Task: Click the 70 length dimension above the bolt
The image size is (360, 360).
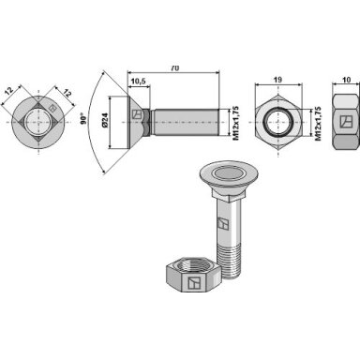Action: click(175, 68)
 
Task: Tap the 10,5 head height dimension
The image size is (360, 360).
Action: click(138, 82)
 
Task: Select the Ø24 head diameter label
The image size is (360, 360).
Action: click(105, 120)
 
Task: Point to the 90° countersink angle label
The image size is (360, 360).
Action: click(83, 119)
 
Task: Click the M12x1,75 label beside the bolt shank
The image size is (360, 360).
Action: click(236, 123)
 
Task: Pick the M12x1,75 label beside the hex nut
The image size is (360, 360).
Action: click(318, 124)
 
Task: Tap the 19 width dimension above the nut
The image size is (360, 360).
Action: click(277, 80)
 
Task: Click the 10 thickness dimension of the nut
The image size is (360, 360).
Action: click(346, 80)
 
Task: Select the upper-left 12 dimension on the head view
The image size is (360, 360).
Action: click(9, 91)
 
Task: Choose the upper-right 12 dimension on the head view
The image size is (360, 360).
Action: click(67, 93)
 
